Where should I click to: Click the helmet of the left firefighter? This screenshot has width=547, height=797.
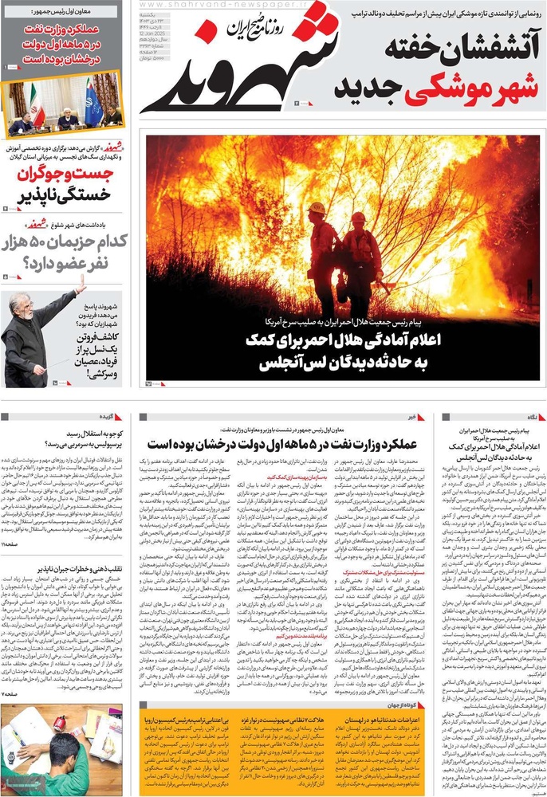[x=318, y=209]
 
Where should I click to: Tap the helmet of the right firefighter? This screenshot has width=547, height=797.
[x=358, y=217]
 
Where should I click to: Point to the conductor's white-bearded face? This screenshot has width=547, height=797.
[x=20, y=306]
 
